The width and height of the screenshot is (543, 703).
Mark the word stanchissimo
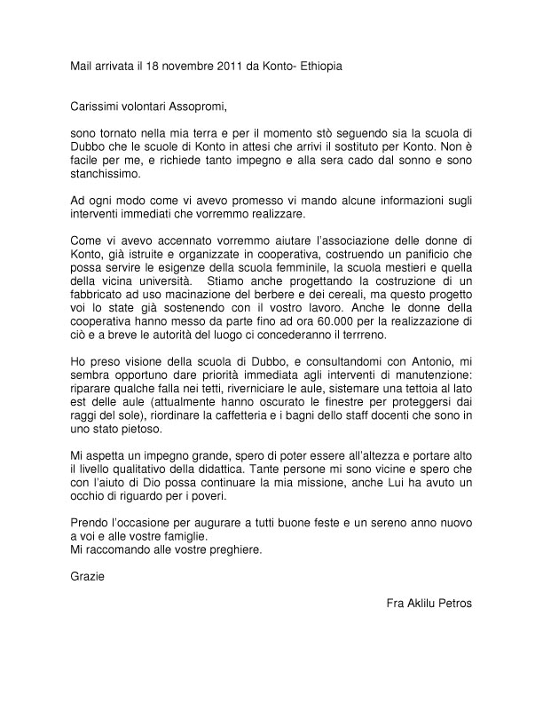coord(105,174)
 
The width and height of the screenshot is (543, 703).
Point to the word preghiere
coord(233,549)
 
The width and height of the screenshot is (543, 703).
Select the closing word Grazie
coord(87,577)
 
